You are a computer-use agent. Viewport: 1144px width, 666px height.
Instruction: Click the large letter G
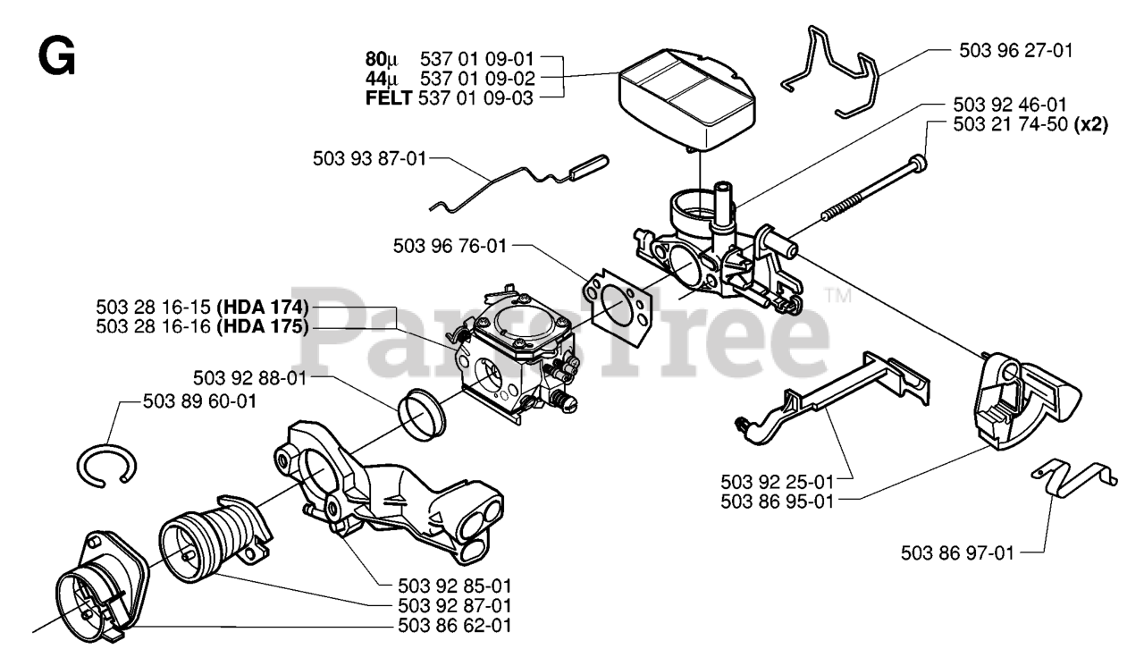click(x=55, y=56)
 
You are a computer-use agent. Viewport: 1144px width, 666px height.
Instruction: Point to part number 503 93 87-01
click(x=369, y=158)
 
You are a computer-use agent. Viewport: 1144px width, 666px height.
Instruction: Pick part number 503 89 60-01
click(x=198, y=401)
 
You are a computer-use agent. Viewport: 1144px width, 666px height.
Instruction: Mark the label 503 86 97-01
click(x=957, y=552)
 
